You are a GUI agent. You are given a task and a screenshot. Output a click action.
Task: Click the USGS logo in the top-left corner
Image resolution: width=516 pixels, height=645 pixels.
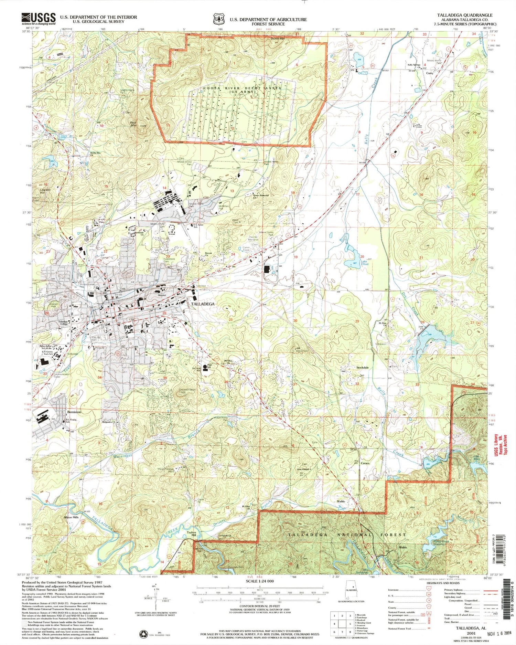pos(39,19)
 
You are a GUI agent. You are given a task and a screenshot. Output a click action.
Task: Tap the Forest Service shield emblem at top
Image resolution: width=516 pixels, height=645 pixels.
pos(218,19)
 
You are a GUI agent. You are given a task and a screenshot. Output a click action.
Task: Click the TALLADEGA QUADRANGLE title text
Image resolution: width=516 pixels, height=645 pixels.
pos(464,15)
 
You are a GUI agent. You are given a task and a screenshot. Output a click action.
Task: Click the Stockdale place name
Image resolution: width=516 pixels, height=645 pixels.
pos(363,368)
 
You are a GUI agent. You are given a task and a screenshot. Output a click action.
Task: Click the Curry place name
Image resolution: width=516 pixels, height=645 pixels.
pos(429,73)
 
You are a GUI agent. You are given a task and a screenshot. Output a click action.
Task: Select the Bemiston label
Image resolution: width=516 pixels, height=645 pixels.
pos(74,412)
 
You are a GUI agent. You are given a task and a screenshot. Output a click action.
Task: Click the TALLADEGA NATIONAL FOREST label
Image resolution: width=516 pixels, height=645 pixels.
pos(347,535)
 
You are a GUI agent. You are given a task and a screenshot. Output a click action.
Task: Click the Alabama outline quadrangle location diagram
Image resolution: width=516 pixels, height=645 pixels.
pos(352,591)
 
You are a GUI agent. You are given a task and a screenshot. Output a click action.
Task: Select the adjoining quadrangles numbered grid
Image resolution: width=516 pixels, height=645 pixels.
pos(342,621)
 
